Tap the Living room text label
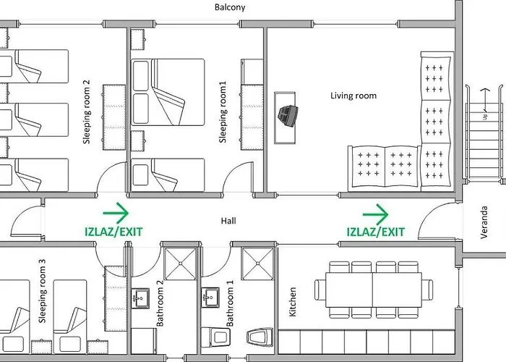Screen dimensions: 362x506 [353, 96]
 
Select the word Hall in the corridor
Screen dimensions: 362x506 [229, 221]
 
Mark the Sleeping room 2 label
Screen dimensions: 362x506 [87, 112]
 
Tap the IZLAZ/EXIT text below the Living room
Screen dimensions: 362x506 [375, 232]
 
